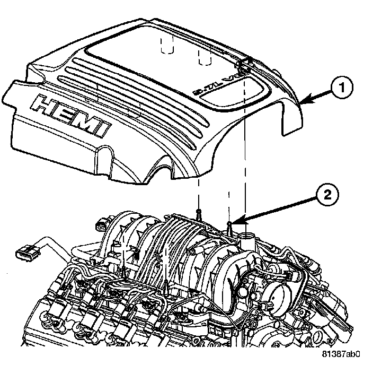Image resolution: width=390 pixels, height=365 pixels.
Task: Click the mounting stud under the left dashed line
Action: [x=198, y=214]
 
